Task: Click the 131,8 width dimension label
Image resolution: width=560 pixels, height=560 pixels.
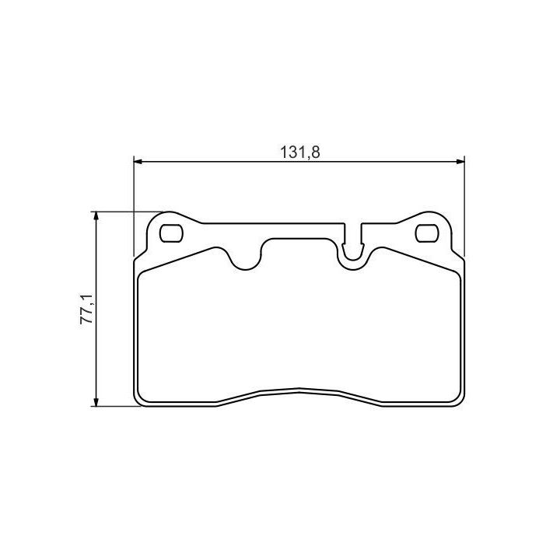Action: point(300,152)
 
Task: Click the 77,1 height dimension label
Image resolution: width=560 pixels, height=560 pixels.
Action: point(86,310)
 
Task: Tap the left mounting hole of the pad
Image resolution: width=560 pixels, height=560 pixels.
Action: point(171,233)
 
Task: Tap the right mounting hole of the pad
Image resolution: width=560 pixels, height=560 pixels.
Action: point(427,233)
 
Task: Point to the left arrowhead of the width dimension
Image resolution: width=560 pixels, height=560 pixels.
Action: point(138,162)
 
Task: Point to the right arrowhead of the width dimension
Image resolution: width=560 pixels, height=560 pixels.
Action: point(460,162)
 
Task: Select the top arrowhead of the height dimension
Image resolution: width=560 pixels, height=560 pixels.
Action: point(96,216)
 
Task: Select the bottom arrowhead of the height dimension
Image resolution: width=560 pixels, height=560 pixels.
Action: point(96,401)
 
